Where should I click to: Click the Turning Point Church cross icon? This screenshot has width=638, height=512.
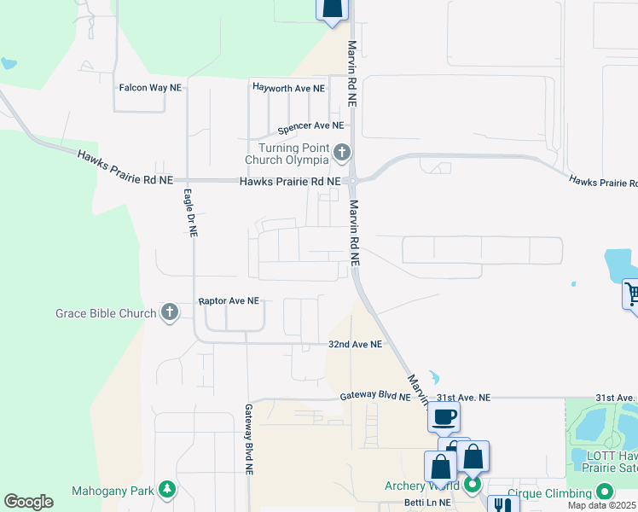pos(342,153)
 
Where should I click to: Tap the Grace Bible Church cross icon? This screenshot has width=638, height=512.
pos(170,312)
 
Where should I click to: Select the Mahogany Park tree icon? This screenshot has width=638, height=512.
pos(168,490)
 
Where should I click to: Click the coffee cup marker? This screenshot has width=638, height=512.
pos(444,416)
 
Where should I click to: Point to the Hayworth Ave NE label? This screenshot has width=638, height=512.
pos(288,88)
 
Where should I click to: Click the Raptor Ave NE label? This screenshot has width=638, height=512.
pos(228,301)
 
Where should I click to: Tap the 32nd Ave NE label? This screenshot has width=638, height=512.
pos(356,344)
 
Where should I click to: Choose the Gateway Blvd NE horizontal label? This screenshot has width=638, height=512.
pos(374,397)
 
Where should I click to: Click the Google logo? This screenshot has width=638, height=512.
pos(28,502)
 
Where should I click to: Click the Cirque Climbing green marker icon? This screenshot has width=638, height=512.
pos(605,492)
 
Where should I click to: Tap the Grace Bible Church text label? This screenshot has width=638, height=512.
pos(107,313)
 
